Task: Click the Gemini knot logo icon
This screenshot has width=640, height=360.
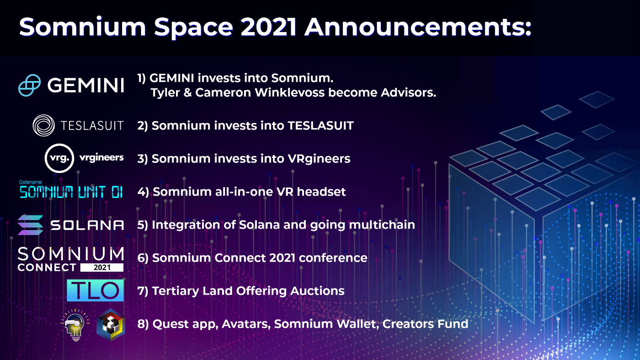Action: [29, 85]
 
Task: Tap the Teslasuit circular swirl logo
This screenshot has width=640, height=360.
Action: [44, 125]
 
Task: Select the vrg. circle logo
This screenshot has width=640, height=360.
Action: [59, 158]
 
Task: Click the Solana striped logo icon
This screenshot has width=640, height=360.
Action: [30, 225]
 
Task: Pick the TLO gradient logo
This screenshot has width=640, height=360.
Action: [95, 290]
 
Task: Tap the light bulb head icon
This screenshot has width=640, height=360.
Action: [75, 325]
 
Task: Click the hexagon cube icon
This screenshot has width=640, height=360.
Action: [111, 325]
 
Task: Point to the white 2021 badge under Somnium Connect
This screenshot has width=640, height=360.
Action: [101, 268]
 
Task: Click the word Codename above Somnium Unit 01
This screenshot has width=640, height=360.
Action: [31, 182]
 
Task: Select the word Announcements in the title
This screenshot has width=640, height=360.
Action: [418, 27]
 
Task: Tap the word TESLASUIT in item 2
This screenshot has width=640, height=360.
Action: [320, 125]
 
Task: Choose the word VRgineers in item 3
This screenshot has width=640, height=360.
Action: [319, 159]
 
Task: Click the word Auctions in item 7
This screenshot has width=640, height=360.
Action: [317, 291]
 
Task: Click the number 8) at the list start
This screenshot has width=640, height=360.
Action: [143, 324]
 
